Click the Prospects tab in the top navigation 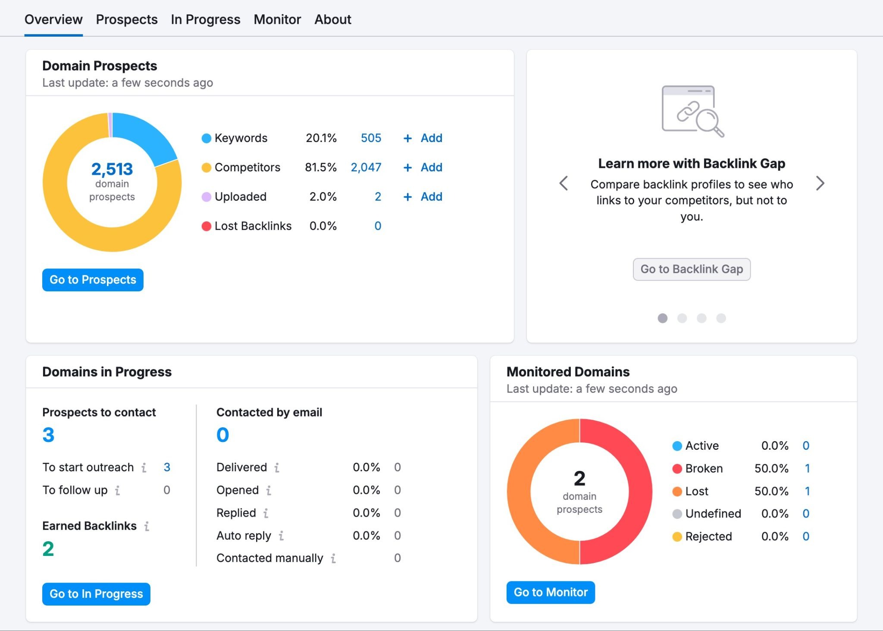click(126, 19)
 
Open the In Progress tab click(205, 19)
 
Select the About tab click(332, 19)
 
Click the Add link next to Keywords click(423, 138)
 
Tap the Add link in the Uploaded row click(423, 197)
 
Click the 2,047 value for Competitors click(366, 167)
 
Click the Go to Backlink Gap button click(691, 269)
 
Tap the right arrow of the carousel click(820, 183)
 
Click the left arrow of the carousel click(564, 183)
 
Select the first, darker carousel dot click(662, 319)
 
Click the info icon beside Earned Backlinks click(147, 526)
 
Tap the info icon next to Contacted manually click(333, 558)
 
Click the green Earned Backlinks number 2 click(48, 549)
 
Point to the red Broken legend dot click(677, 469)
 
